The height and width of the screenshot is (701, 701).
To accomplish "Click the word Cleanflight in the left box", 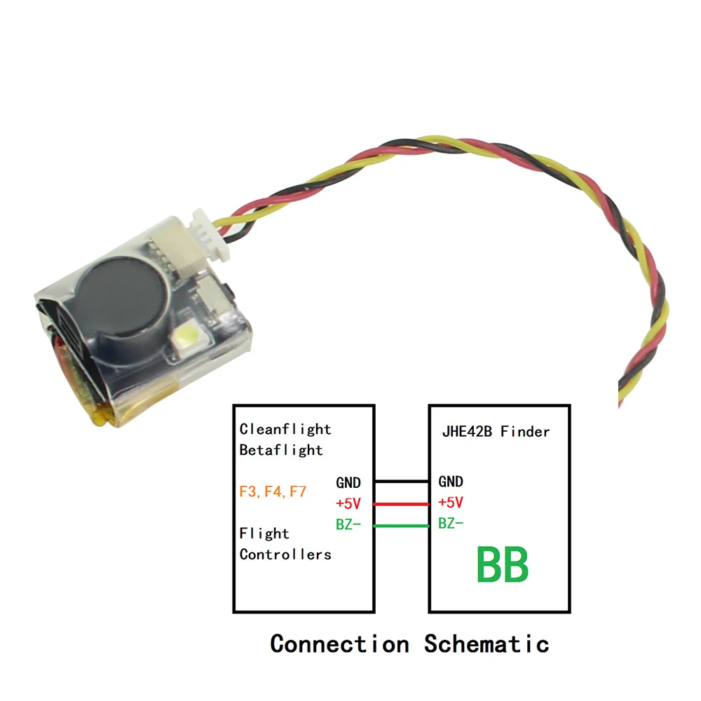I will click(285, 429).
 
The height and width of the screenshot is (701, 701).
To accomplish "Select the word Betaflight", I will click(281, 450).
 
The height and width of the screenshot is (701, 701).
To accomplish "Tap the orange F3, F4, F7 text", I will click(273, 491).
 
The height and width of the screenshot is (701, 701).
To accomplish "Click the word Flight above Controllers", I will click(264, 533).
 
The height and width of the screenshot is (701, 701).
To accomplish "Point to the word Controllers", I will click(285, 554).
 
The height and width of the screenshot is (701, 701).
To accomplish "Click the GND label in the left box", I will click(348, 482).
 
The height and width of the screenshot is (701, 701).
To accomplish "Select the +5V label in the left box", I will click(348, 503).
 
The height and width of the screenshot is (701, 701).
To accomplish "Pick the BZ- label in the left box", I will click(348, 524).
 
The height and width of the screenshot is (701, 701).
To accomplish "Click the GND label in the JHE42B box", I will click(451, 482).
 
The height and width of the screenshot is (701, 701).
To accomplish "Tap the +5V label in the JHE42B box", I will click(451, 503).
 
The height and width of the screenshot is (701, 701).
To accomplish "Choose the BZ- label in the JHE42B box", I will click(451, 524).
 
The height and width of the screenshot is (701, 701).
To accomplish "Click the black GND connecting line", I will click(402, 482).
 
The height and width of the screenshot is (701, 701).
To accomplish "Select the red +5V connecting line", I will click(402, 503).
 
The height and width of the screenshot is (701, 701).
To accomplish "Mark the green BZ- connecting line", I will click(402, 526).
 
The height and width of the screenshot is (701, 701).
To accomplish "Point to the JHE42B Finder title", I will click(496, 431).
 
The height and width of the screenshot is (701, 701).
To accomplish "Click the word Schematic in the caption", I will click(486, 643).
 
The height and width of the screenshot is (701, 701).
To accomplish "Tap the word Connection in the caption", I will click(339, 643).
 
